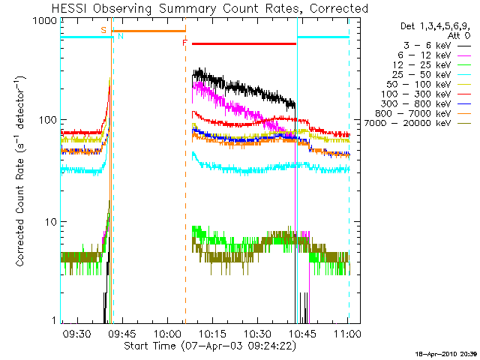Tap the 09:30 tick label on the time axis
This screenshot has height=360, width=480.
[76, 333]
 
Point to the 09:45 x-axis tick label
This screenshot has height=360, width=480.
[121, 333]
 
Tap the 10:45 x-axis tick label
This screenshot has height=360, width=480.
[303, 333]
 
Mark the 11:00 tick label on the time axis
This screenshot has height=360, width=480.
[348, 333]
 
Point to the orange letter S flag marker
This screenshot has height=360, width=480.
[103, 30]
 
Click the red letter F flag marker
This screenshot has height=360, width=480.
[184, 43]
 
